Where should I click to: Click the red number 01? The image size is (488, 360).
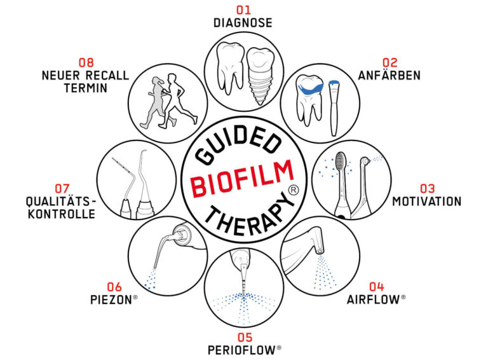click(243, 10)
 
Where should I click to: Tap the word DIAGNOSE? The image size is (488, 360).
click(243, 23)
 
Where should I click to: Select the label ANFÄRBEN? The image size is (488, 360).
click(390, 75)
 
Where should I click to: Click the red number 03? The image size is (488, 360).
click(427, 188)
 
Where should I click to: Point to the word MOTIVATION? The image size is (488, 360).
click(427, 202)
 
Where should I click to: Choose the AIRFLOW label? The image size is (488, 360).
click(374, 300)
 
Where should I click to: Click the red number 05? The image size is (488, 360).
click(245, 337)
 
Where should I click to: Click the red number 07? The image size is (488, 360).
click(62, 188)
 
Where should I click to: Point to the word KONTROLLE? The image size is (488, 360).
click(62, 214)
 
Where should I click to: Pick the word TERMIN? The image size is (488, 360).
click(86, 88)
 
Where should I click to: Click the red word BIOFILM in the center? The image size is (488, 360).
click(243, 179)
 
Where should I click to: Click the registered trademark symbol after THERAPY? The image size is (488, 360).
click(293, 190)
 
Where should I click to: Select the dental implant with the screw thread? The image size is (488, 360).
click(260, 76)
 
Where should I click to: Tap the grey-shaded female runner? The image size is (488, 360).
click(156, 102)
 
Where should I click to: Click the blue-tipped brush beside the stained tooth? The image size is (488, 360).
click(334, 107)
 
